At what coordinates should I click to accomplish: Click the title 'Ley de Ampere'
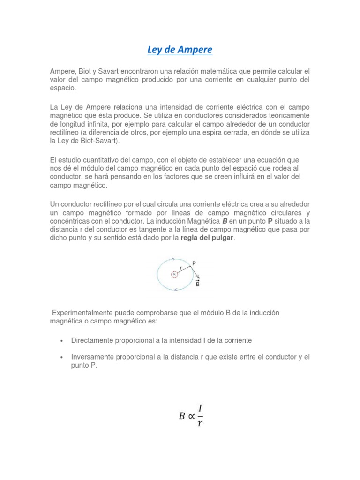(180, 49)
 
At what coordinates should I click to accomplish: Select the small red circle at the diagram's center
(174, 274)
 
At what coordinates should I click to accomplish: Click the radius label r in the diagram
(181, 268)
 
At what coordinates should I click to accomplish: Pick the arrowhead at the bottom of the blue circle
(176, 290)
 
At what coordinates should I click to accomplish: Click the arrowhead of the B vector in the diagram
(199, 277)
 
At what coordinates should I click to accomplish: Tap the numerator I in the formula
(200, 408)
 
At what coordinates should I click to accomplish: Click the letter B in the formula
(182, 416)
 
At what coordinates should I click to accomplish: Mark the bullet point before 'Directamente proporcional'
(62, 340)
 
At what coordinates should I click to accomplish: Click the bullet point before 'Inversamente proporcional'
(62, 357)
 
